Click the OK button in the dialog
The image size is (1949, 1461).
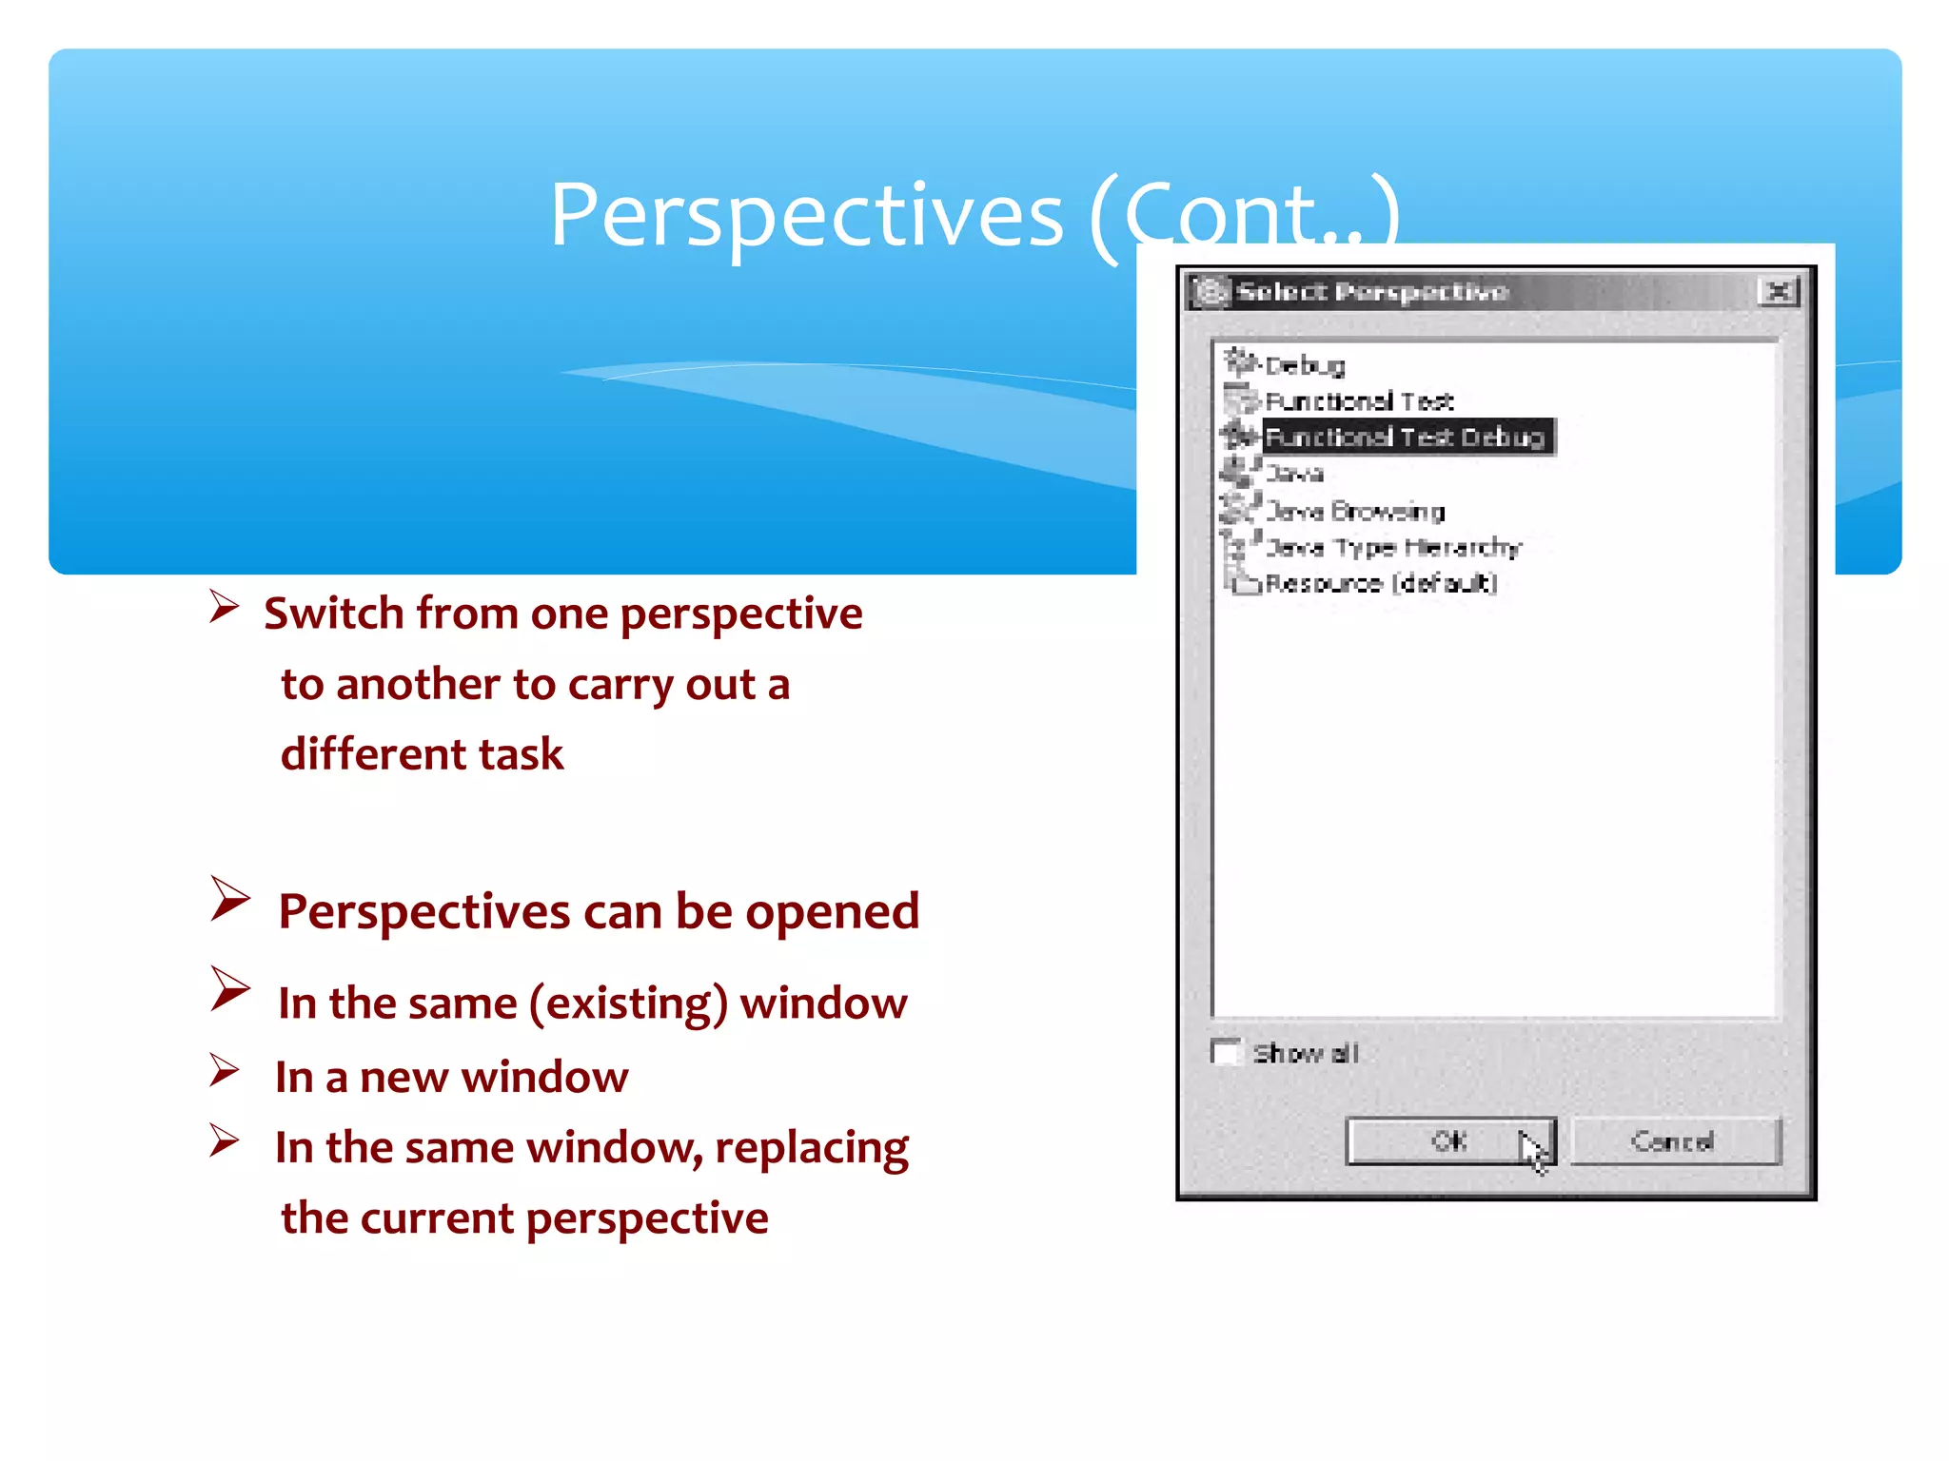1448,1140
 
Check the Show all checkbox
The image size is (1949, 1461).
1226,1053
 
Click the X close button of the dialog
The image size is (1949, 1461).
1778,291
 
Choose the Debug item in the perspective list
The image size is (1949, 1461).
1305,365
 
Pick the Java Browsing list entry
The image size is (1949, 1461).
1355,512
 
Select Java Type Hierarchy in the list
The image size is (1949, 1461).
1393,548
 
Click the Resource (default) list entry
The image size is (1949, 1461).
1381,583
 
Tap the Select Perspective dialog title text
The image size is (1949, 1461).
1372,291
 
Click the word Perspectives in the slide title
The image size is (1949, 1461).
806,215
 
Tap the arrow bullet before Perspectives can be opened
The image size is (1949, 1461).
229,899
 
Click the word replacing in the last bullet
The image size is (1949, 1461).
812,1148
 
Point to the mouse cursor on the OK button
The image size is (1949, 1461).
1532,1152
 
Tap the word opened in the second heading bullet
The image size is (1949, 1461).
832,911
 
